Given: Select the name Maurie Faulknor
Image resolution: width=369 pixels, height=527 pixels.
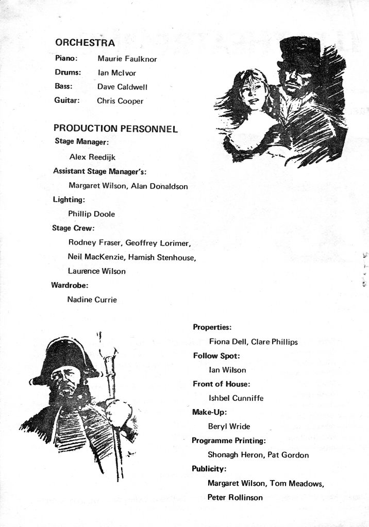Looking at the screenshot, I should coord(127,59).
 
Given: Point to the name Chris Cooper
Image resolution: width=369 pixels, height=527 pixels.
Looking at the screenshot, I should coord(120,101).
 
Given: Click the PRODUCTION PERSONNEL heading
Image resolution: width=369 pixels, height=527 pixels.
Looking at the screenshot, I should coord(115,129).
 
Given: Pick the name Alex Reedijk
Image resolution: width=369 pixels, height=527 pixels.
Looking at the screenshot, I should coord(92,157).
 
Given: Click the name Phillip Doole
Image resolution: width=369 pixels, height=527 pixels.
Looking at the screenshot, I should coord(91,214).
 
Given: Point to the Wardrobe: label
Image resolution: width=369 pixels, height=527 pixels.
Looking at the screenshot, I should coord(70,285).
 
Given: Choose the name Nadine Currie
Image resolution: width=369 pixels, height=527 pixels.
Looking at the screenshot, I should coord(92,300).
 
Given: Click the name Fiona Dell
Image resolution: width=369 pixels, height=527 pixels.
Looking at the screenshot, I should coord(227,341).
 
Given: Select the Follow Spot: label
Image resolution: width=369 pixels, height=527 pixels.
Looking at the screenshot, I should coord(216,356).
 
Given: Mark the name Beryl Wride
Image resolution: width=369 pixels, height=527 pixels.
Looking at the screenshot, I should coord(229,426).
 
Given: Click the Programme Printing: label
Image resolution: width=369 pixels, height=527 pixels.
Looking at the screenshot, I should coord(228,441).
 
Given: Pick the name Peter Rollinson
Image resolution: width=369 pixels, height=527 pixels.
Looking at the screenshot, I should coord(235,497).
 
